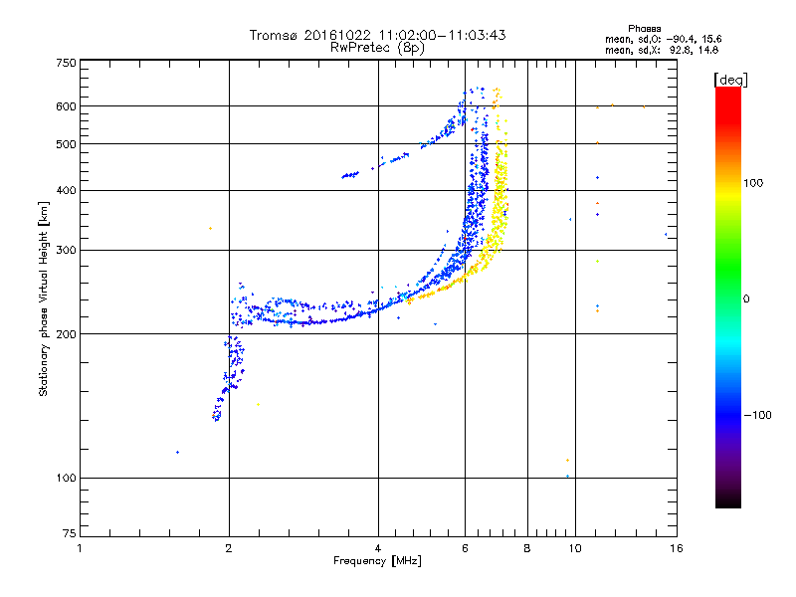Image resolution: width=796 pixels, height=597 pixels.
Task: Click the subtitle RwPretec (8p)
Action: coord(377,47)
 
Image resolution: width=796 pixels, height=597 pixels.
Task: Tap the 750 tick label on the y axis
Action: coord(66,63)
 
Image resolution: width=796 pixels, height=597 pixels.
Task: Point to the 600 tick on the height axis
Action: coord(66,106)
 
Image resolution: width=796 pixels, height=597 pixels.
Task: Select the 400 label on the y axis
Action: coord(66,190)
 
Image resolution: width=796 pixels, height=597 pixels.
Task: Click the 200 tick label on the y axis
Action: coord(66,333)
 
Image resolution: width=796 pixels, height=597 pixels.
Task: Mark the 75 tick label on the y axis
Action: coord(69,536)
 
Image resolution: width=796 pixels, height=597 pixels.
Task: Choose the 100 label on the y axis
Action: coord(66,479)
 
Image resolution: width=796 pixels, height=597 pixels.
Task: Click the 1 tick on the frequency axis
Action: coord(80,548)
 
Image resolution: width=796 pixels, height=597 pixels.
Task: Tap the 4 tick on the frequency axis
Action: coord(378,548)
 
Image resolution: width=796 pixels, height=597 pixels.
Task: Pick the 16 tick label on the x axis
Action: coord(677,548)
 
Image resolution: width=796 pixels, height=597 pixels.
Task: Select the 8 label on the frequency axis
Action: coord(527,548)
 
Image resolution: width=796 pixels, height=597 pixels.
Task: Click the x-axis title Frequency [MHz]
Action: coord(377,561)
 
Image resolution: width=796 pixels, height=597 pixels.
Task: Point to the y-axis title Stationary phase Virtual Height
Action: coord(44,298)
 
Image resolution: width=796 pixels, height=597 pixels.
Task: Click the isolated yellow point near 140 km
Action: coord(259,404)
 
